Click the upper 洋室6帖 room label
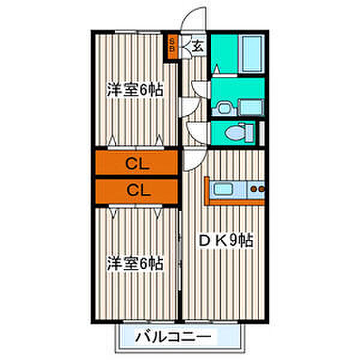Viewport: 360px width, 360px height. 135,89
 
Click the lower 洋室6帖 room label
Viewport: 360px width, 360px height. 135,263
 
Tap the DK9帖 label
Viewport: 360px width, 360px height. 226,241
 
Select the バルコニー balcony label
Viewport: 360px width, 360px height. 173,337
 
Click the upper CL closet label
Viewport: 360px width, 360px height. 137,164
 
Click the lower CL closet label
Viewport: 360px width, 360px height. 138,190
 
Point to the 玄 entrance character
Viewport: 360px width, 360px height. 197,47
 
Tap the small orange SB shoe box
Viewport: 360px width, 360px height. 172,47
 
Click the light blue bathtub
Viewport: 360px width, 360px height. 252,54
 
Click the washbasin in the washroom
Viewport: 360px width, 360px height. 224,109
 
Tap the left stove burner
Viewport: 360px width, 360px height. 253,189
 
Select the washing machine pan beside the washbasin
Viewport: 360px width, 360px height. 251,107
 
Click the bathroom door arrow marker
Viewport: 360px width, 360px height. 216,69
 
